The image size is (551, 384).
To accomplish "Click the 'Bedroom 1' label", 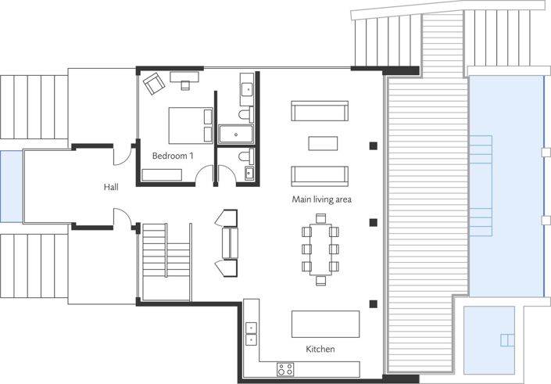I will pyautogui.click(x=173, y=156).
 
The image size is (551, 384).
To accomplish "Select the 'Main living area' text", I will pyautogui.click(x=321, y=199).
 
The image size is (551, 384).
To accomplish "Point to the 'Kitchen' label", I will pyautogui.click(x=321, y=349).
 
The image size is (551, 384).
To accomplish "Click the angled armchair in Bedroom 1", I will pyautogui.click(x=153, y=82).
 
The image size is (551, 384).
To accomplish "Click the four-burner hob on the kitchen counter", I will pyautogui.click(x=285, y=368).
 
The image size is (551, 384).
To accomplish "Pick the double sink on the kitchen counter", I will pyautogui.click(x=251, y=333).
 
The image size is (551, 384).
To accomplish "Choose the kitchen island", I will pyautogui.click(x=326, y=323).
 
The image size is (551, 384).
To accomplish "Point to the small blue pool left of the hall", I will pyautogui.click(x=11, y=186).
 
